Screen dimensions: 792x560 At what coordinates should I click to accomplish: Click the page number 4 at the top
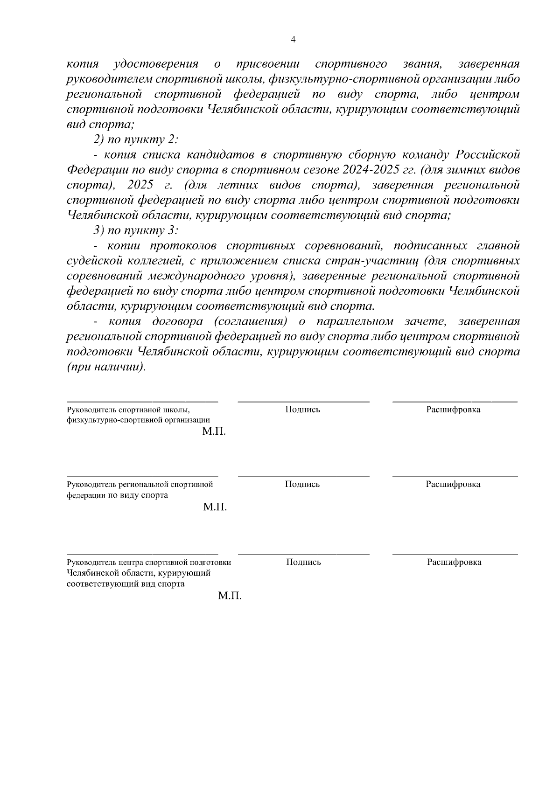[x=293, y=40]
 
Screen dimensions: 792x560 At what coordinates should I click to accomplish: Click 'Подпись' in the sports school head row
[x=302, y=410]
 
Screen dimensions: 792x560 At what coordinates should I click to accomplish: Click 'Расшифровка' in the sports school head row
[x=453, y=410]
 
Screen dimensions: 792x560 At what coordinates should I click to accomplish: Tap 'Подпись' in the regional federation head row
[x=302, y=484]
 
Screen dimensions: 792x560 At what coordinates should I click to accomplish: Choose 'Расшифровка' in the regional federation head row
[x=453, y=484]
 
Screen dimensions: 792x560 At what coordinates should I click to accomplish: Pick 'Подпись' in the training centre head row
[x=303, y=562]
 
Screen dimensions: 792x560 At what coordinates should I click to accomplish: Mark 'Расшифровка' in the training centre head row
[x=454, y=562]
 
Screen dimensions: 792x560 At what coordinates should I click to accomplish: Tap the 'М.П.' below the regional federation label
[x=215, y=507]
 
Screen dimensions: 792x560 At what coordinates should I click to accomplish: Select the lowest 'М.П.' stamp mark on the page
[x=230, y=596]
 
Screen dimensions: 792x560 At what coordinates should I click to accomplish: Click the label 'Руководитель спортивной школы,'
[x=128, y=410]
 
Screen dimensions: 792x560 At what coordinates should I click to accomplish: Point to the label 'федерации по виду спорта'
[x=117, y=495]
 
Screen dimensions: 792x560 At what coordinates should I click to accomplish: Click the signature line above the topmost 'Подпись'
[x=303, y=401]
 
